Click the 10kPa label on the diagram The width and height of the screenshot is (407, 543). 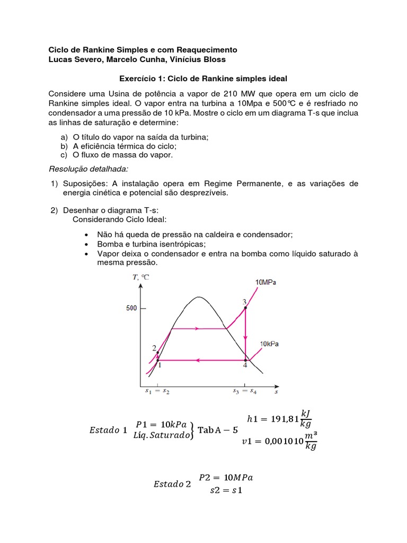269,344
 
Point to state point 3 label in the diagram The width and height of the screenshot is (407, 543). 244,302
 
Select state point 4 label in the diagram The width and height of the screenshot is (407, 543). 245,365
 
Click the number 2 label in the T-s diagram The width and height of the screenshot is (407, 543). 154,348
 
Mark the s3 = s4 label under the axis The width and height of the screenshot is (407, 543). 244,392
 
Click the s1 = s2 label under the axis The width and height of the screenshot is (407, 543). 157,392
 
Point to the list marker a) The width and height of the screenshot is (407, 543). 65,137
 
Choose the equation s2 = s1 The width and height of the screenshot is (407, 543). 226,490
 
